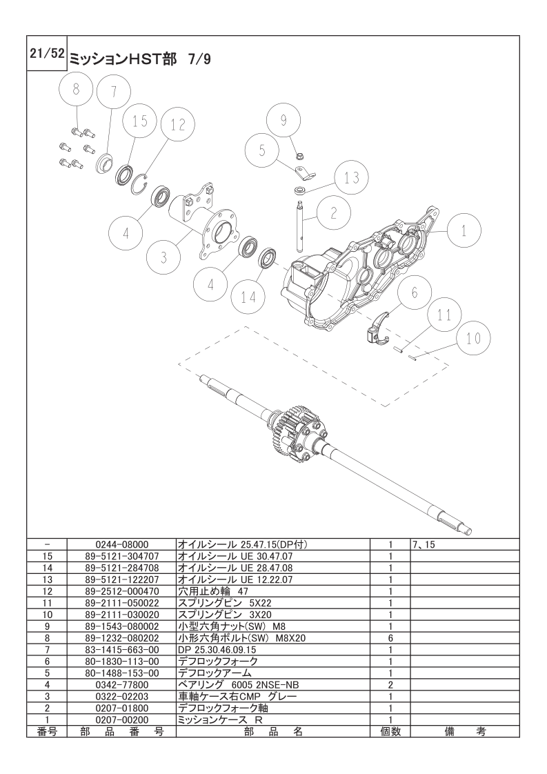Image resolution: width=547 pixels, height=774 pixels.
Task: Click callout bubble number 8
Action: coord(76,89)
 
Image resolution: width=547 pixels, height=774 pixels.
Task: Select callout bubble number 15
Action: coord(140,121)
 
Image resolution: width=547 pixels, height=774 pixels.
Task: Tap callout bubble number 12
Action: coord(178,125)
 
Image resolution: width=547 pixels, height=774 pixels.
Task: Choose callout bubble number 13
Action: coord(351,178)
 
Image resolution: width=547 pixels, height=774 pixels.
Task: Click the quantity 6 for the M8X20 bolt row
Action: coord(390,639)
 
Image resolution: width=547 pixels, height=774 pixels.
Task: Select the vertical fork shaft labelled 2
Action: coord(302,224)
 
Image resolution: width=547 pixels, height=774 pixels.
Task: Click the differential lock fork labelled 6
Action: coord(378,328)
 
